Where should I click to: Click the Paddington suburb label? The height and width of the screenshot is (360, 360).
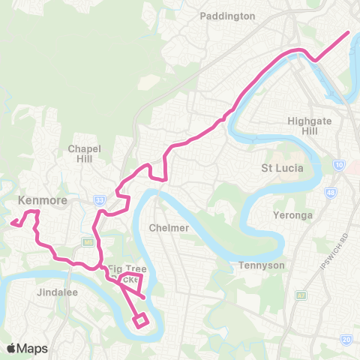point(228,16)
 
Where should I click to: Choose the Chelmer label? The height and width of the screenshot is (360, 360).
point(167,227)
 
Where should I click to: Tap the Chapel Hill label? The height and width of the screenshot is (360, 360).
point(84,154)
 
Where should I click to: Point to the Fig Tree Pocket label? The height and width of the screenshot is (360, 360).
point(124,274)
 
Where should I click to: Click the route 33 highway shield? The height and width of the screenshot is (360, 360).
point(99,200)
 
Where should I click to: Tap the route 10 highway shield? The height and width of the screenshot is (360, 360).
point(340,163)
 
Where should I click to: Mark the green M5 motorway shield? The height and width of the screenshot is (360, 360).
point(88,241)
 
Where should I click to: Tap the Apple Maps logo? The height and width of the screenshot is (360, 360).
point(27,348)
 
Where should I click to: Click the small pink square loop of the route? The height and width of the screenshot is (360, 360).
point(140,321)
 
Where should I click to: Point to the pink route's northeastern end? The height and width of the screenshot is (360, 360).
point(349,33)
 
